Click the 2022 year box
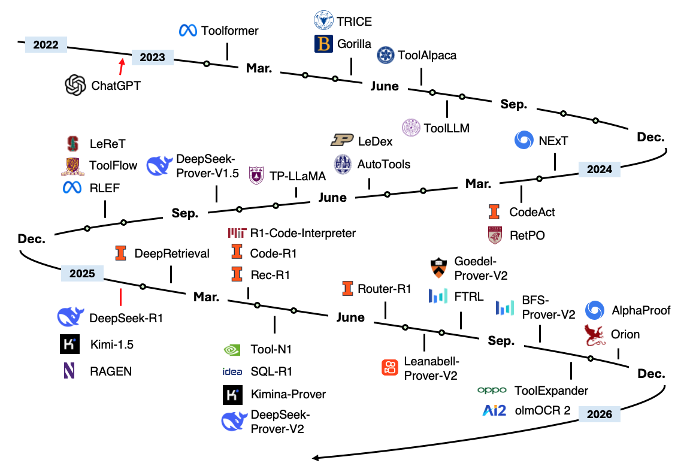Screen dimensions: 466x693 (x=46, y=45)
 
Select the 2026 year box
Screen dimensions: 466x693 (x=600, y=414)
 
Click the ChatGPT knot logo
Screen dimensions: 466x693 (x=76, y=85)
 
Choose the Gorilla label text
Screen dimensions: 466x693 (x=354, y=44)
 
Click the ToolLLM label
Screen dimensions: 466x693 (x=446, y=128)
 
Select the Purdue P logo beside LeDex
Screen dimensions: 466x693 (x=342, y=141)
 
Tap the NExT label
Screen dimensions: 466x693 (x=553, y=141)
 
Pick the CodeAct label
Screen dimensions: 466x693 (x=532, y=212)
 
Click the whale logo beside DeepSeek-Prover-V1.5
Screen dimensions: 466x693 (x=160, y=164)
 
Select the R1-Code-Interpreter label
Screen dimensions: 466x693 (x=303, y=233)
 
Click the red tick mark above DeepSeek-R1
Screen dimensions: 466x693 (x=121, y=296)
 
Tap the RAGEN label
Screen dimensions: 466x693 (x=111, y=371)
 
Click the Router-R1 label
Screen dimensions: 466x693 (x=384, y=289)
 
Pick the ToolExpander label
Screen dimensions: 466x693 (x=551, y=391)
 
